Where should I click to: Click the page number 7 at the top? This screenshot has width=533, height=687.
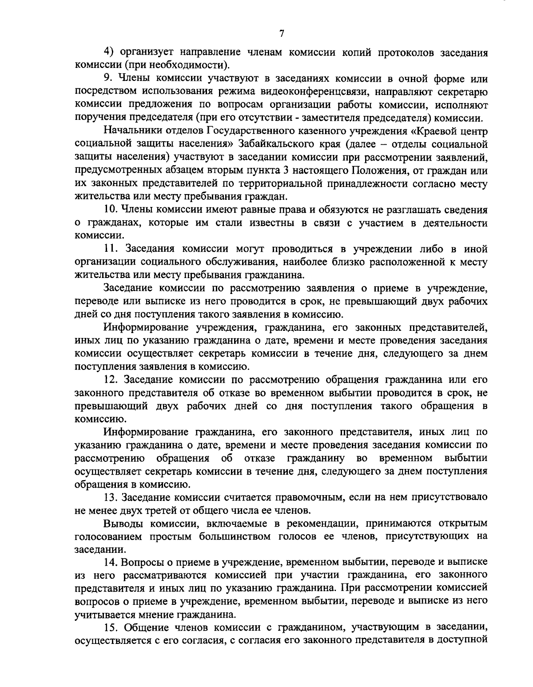(x=282, y=34)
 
